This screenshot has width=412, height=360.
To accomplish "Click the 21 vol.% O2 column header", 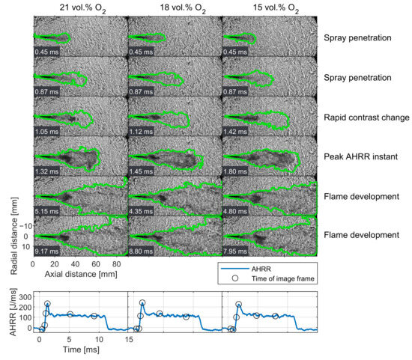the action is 82,8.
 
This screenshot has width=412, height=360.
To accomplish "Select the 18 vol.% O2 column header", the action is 183,8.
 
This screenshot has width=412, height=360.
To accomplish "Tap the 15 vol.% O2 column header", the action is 276,8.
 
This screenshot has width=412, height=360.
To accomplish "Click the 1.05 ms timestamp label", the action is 46,131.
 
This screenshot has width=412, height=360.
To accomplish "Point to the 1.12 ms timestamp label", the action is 141,131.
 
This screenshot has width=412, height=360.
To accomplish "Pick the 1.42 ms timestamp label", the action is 235,131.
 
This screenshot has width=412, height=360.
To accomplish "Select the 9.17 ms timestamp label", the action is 46,251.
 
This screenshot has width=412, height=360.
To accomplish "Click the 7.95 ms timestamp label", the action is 235,251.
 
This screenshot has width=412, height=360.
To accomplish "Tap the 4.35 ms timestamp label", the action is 141,211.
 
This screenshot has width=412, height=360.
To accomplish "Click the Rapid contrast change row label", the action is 366,118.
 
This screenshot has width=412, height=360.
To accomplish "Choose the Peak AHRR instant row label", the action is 360,156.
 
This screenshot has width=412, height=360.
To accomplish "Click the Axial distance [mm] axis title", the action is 81,274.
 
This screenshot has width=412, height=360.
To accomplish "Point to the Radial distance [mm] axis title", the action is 14,236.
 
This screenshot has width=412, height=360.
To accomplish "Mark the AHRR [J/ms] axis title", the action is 13,312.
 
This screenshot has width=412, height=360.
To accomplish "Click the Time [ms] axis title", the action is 81,350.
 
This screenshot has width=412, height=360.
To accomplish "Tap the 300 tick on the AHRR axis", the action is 25,297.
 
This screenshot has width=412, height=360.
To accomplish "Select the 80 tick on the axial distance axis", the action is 116,264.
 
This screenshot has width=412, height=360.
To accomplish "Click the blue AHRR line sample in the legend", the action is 234,269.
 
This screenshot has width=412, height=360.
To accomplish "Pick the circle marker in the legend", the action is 235,278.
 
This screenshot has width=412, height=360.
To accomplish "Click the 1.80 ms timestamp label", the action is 235,171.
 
